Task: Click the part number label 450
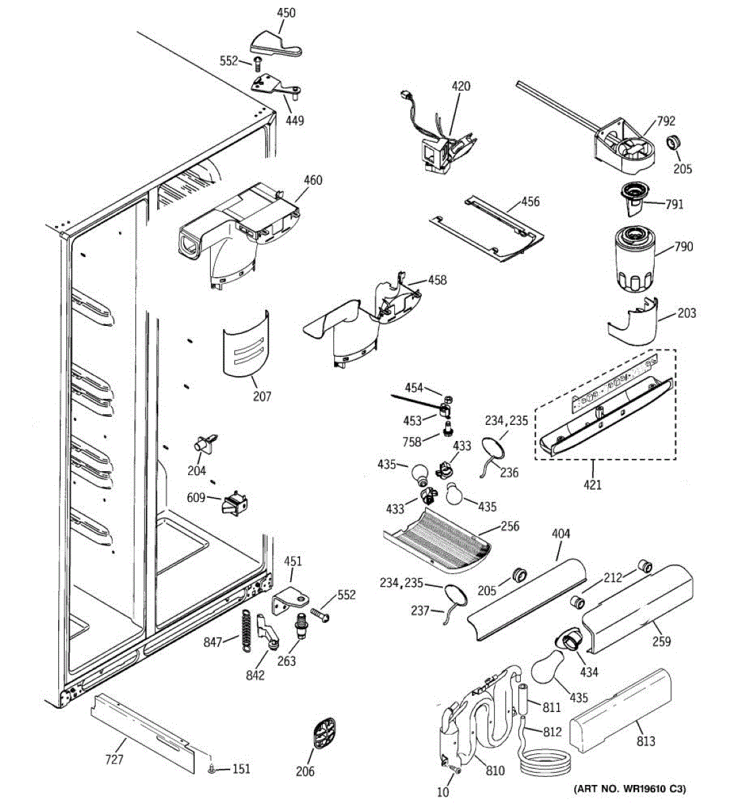286,13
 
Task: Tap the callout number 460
313,180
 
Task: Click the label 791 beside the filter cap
675,204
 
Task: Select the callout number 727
114,760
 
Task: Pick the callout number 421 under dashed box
592,484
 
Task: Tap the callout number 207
262,396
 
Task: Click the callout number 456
530,202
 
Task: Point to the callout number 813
646,741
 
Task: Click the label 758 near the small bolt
412,442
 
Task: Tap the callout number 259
661,641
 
